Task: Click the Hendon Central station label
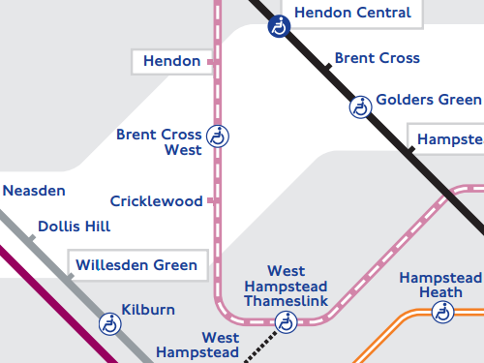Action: [x=352, y=14]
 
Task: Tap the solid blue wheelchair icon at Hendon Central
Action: [x=279, y=27]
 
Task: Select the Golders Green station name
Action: [x=428, y=100]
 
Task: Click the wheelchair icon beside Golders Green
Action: [x=360, y=106]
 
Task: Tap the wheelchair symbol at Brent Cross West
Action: [x=220, y=136]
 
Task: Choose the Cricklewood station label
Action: [x=156, y=201]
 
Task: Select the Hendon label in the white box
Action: [x=171, y=62]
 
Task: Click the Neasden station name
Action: [x=34, y=191]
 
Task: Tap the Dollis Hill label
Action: [x=74, y=227]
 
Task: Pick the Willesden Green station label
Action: [x=136, y=264]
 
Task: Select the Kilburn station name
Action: [x=148, y=310]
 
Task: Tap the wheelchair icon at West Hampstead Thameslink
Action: [x=286, y=322]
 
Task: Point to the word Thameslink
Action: [x=286, y=302]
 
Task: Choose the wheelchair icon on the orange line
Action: [x=442, y=312]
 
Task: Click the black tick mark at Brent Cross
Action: [x=328, y=67]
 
